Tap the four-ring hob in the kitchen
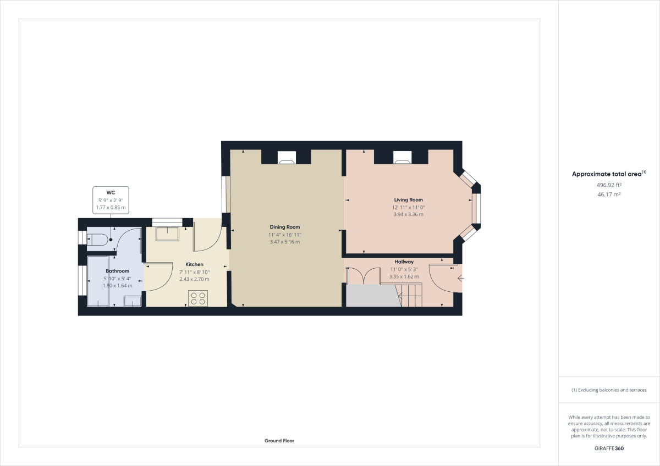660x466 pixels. (x=198, y=298)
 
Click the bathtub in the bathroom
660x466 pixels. (x=97, y=280)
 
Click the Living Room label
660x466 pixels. (x=408, y=199)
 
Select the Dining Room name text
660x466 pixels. (x=284, y=227)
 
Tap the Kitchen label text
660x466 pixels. (x=194, y=264)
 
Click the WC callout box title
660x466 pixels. (x=111, y=192)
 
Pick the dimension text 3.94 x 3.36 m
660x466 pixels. (x=408, y=214)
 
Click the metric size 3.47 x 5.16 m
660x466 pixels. (x=284, y=242)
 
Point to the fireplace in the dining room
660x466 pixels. (x=286, y=158)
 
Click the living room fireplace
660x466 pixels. (x=402, y=158)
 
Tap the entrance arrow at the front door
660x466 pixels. (x=460, y=279)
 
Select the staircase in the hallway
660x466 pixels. (x=411, y=295)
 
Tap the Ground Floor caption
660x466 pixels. (x=279, y=441)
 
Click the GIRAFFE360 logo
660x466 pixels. (x=609, y=448)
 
